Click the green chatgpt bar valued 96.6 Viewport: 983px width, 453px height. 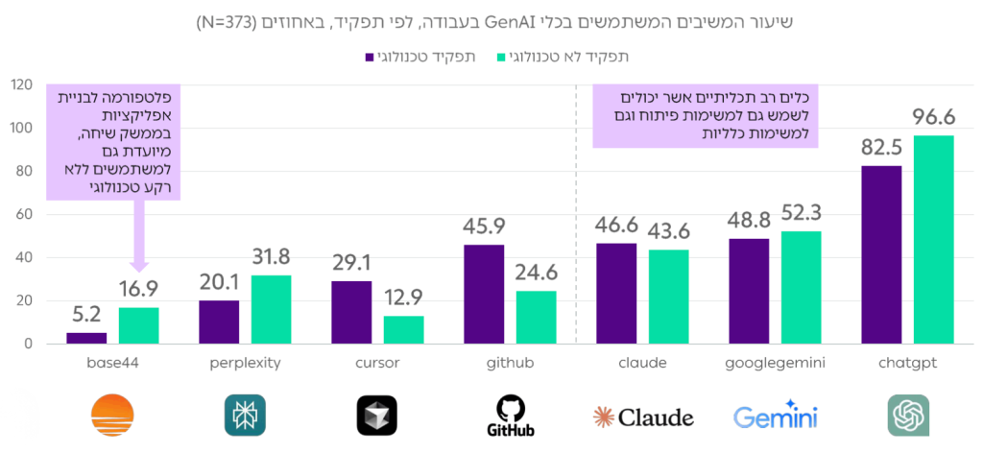933,239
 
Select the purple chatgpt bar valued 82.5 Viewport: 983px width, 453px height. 881,254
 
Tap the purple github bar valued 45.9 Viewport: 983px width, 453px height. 484,294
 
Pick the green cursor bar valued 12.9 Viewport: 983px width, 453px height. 403,329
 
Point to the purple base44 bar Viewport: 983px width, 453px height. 86,338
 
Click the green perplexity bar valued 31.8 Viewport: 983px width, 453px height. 271,309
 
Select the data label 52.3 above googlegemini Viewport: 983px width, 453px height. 801,213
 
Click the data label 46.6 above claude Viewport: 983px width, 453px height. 616,226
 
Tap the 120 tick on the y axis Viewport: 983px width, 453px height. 21,84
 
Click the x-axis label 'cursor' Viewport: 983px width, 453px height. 376,364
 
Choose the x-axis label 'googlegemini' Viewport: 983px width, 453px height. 775,364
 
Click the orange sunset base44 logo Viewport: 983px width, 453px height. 112,416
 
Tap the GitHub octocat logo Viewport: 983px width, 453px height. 509,415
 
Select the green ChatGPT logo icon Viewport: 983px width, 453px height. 907,416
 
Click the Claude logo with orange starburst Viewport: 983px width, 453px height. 642,417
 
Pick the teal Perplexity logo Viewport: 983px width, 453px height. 245,416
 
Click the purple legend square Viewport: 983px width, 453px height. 370,57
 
